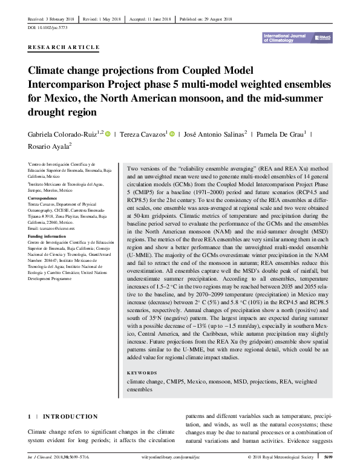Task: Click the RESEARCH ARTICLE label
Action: tap(64, 47)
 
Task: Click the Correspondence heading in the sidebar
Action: tap(45, 198)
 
